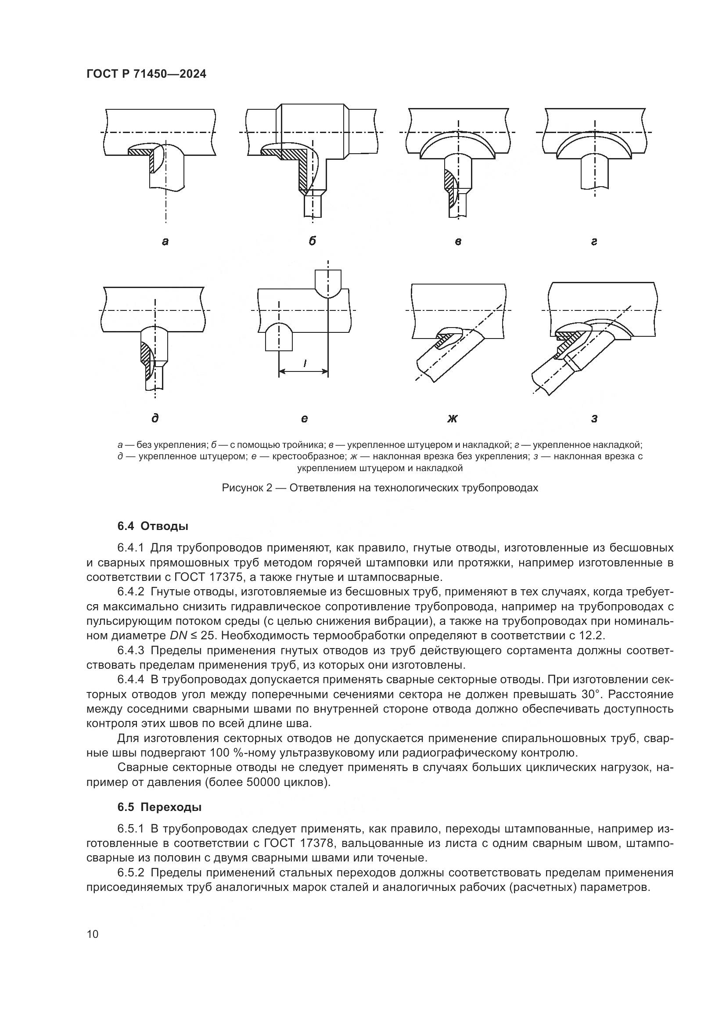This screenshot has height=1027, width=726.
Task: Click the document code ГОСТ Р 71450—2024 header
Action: [x=146, y=74]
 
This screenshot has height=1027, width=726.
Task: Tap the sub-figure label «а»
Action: [x=165, y=242]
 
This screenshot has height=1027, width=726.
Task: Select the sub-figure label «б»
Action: [x=312, y=241]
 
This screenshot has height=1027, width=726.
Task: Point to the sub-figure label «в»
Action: [x=458, y=242]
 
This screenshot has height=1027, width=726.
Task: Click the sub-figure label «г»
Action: [x=594, y=242]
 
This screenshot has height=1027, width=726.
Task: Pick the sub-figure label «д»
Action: [x=155, y=418]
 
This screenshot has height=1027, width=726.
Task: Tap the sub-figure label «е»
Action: [x=304, y=419]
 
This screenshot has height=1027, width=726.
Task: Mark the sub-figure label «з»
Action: [x=594, y=419]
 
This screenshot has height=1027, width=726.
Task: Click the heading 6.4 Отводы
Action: [x=153, y=526]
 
